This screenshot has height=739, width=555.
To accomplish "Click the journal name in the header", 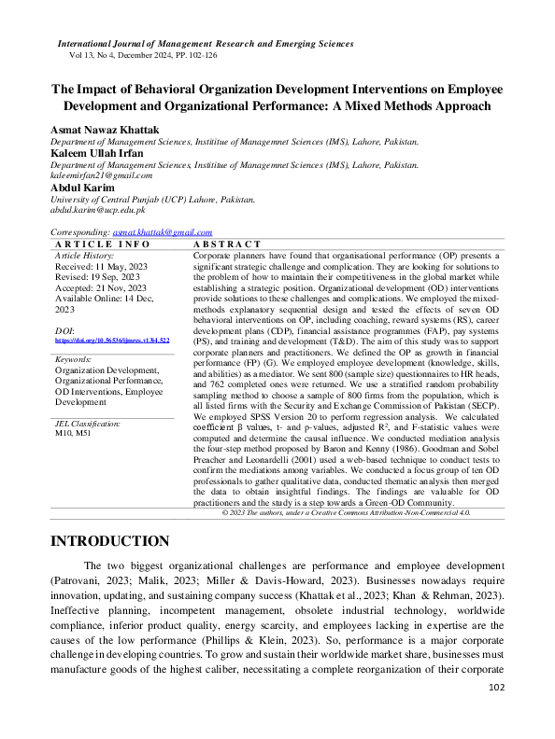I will [x=206, y=44].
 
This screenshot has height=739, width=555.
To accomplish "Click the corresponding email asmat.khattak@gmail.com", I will [x=162, y=232].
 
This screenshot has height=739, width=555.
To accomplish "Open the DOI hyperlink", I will [x=112, y=342].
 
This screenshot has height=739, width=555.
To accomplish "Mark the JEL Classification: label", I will [x=88, y=424].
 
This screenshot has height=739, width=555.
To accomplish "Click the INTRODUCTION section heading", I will [x=109, y=542].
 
